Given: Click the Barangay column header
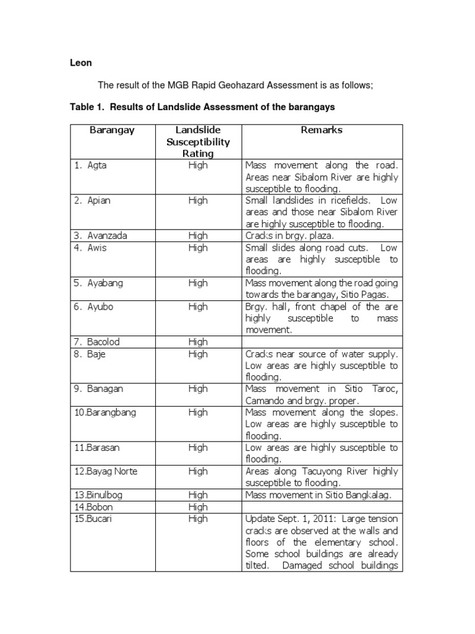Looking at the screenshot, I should coord(112,130).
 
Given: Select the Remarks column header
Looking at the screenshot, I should coord(321,130).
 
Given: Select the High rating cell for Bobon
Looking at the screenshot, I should coord(198,507).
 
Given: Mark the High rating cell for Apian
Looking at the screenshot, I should coord(198,201).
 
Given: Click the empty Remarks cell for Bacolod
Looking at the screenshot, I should coord(322,342).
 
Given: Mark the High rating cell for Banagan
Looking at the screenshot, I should coord(198,389).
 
